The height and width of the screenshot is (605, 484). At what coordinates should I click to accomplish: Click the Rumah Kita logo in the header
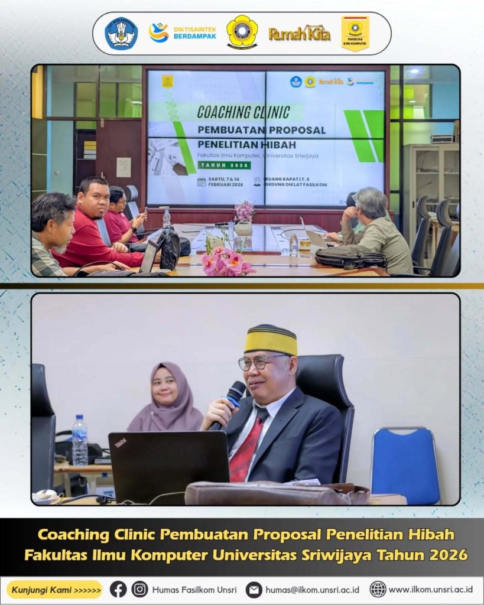299,34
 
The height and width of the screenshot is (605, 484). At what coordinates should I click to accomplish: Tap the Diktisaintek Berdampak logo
183,32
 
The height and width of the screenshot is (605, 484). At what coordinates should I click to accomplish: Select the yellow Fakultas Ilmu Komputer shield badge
355,33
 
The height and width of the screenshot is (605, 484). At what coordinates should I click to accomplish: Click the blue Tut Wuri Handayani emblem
121,33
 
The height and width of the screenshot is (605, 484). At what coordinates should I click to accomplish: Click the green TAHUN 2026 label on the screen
224,165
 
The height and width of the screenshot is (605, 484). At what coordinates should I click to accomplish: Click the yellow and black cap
271,340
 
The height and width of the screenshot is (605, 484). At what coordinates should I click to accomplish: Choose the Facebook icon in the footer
118,589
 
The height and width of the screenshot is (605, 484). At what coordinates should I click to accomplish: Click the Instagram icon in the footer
140,589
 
